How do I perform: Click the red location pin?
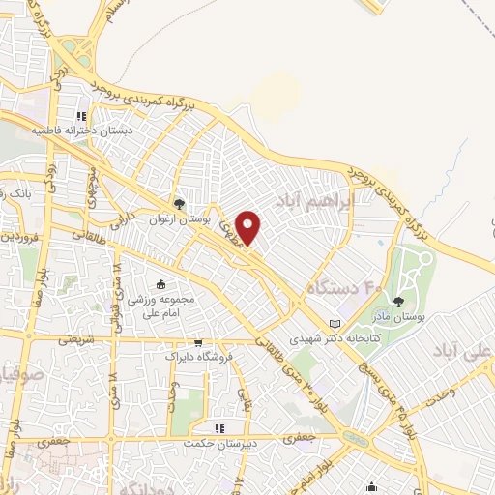click(x=249, y=225)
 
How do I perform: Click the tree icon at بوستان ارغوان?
click(x=179, y=204)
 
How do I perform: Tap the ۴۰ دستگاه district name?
click(x=342, y=288)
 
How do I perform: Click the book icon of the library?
click(x=335, y=323)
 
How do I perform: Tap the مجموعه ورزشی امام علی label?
click(x=160, y=306)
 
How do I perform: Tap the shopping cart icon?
click(x=198, y=341)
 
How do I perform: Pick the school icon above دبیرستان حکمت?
click(x=221, y=427)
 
